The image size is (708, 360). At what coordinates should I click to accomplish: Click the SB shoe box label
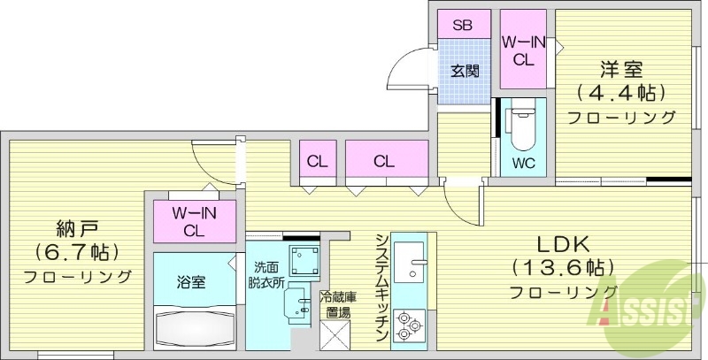coord(462,24)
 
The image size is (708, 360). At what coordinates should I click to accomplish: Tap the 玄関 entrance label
coord(462,70)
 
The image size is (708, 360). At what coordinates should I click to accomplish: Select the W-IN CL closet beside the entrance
coord(522,51)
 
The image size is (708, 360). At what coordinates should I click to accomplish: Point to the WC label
coord(523,164)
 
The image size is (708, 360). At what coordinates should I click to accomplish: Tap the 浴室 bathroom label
coord(192,283)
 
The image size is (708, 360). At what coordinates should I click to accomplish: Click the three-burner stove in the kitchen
coord(410,325)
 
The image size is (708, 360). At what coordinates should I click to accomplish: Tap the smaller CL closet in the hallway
coord(315,161)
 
